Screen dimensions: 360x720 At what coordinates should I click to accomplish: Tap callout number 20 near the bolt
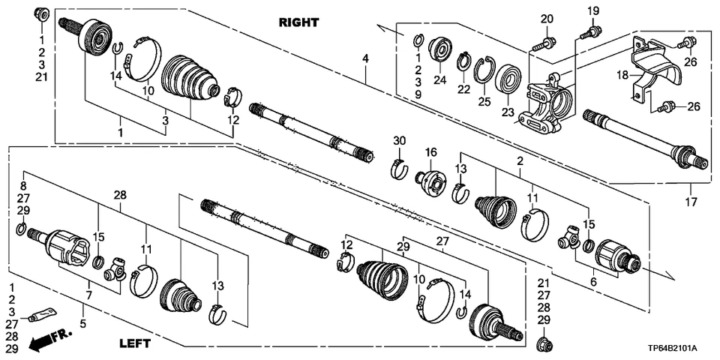click(546, 19)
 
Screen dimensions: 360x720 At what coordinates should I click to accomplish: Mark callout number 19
click(593, 10)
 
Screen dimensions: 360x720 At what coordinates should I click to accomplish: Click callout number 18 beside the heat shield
click(621, 75)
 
